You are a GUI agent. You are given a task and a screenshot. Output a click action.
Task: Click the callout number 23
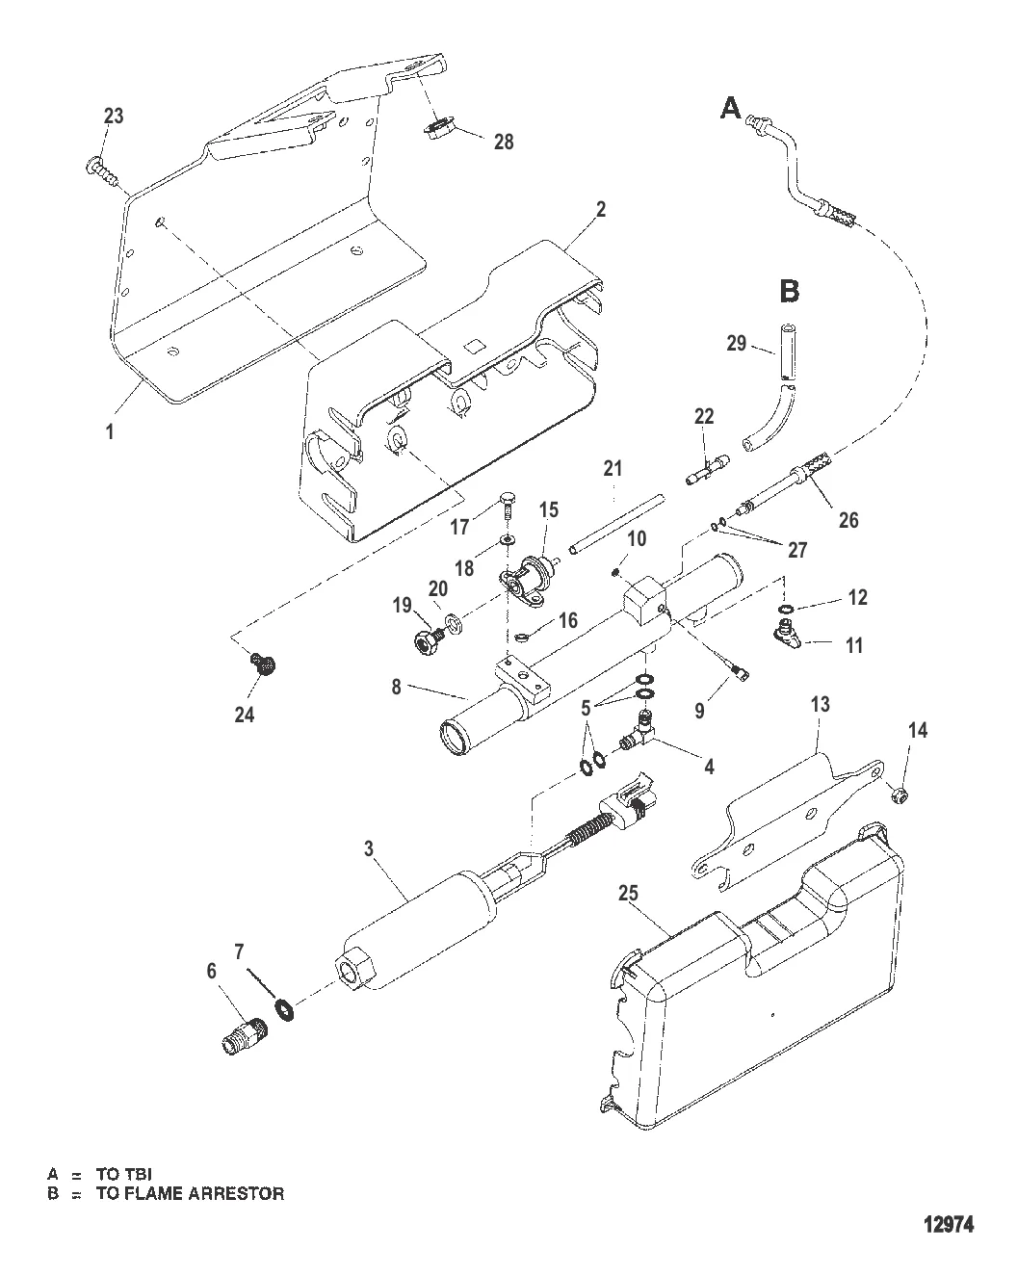[x=113, y=117]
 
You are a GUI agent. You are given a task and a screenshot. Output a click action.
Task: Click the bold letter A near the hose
[x=732, y=110]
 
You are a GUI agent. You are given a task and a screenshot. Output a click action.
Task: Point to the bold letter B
[x=789, y=290]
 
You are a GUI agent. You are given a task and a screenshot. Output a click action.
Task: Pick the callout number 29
[x=737, y=342]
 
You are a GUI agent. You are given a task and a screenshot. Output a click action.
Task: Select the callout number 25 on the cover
[x=627, y=895]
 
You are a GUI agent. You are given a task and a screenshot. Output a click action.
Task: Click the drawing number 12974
[x=949, y=1226]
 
